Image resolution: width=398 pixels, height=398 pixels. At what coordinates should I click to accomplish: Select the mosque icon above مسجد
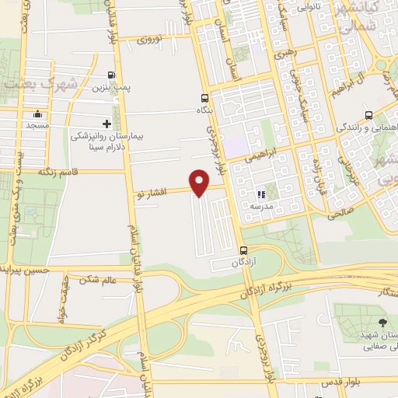[x=37, y=115]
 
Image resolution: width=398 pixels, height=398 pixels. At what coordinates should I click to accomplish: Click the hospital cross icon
[x=107, y=124]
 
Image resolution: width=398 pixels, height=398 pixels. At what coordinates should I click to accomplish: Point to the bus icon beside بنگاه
[x=204, y=98]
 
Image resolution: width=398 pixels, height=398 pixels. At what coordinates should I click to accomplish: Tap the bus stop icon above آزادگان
[x=243, y=250]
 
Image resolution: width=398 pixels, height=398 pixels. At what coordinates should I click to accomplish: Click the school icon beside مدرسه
[x=262, y=195]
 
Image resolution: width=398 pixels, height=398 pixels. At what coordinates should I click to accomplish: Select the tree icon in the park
[x=381, y=322]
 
